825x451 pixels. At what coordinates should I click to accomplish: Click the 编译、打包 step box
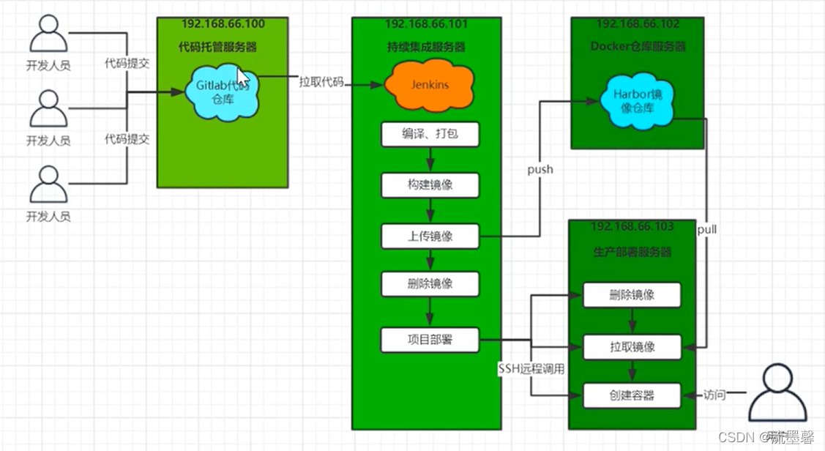coord(430,135)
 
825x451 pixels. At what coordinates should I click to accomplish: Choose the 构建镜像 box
coord(430,185)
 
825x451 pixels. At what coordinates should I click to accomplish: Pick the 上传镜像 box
coord(430,236)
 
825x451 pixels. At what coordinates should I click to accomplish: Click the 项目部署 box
coord(430,340)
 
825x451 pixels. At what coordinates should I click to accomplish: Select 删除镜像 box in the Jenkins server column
coord(430,283)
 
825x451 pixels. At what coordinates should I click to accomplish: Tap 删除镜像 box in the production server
coord(632,295)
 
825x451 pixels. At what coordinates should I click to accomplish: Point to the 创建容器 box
coord(632,395)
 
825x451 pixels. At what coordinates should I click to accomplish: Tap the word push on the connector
coord(540,170)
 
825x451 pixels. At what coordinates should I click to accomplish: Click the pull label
coord(707,229)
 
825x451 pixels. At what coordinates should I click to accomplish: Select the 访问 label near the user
coord(714,395)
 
